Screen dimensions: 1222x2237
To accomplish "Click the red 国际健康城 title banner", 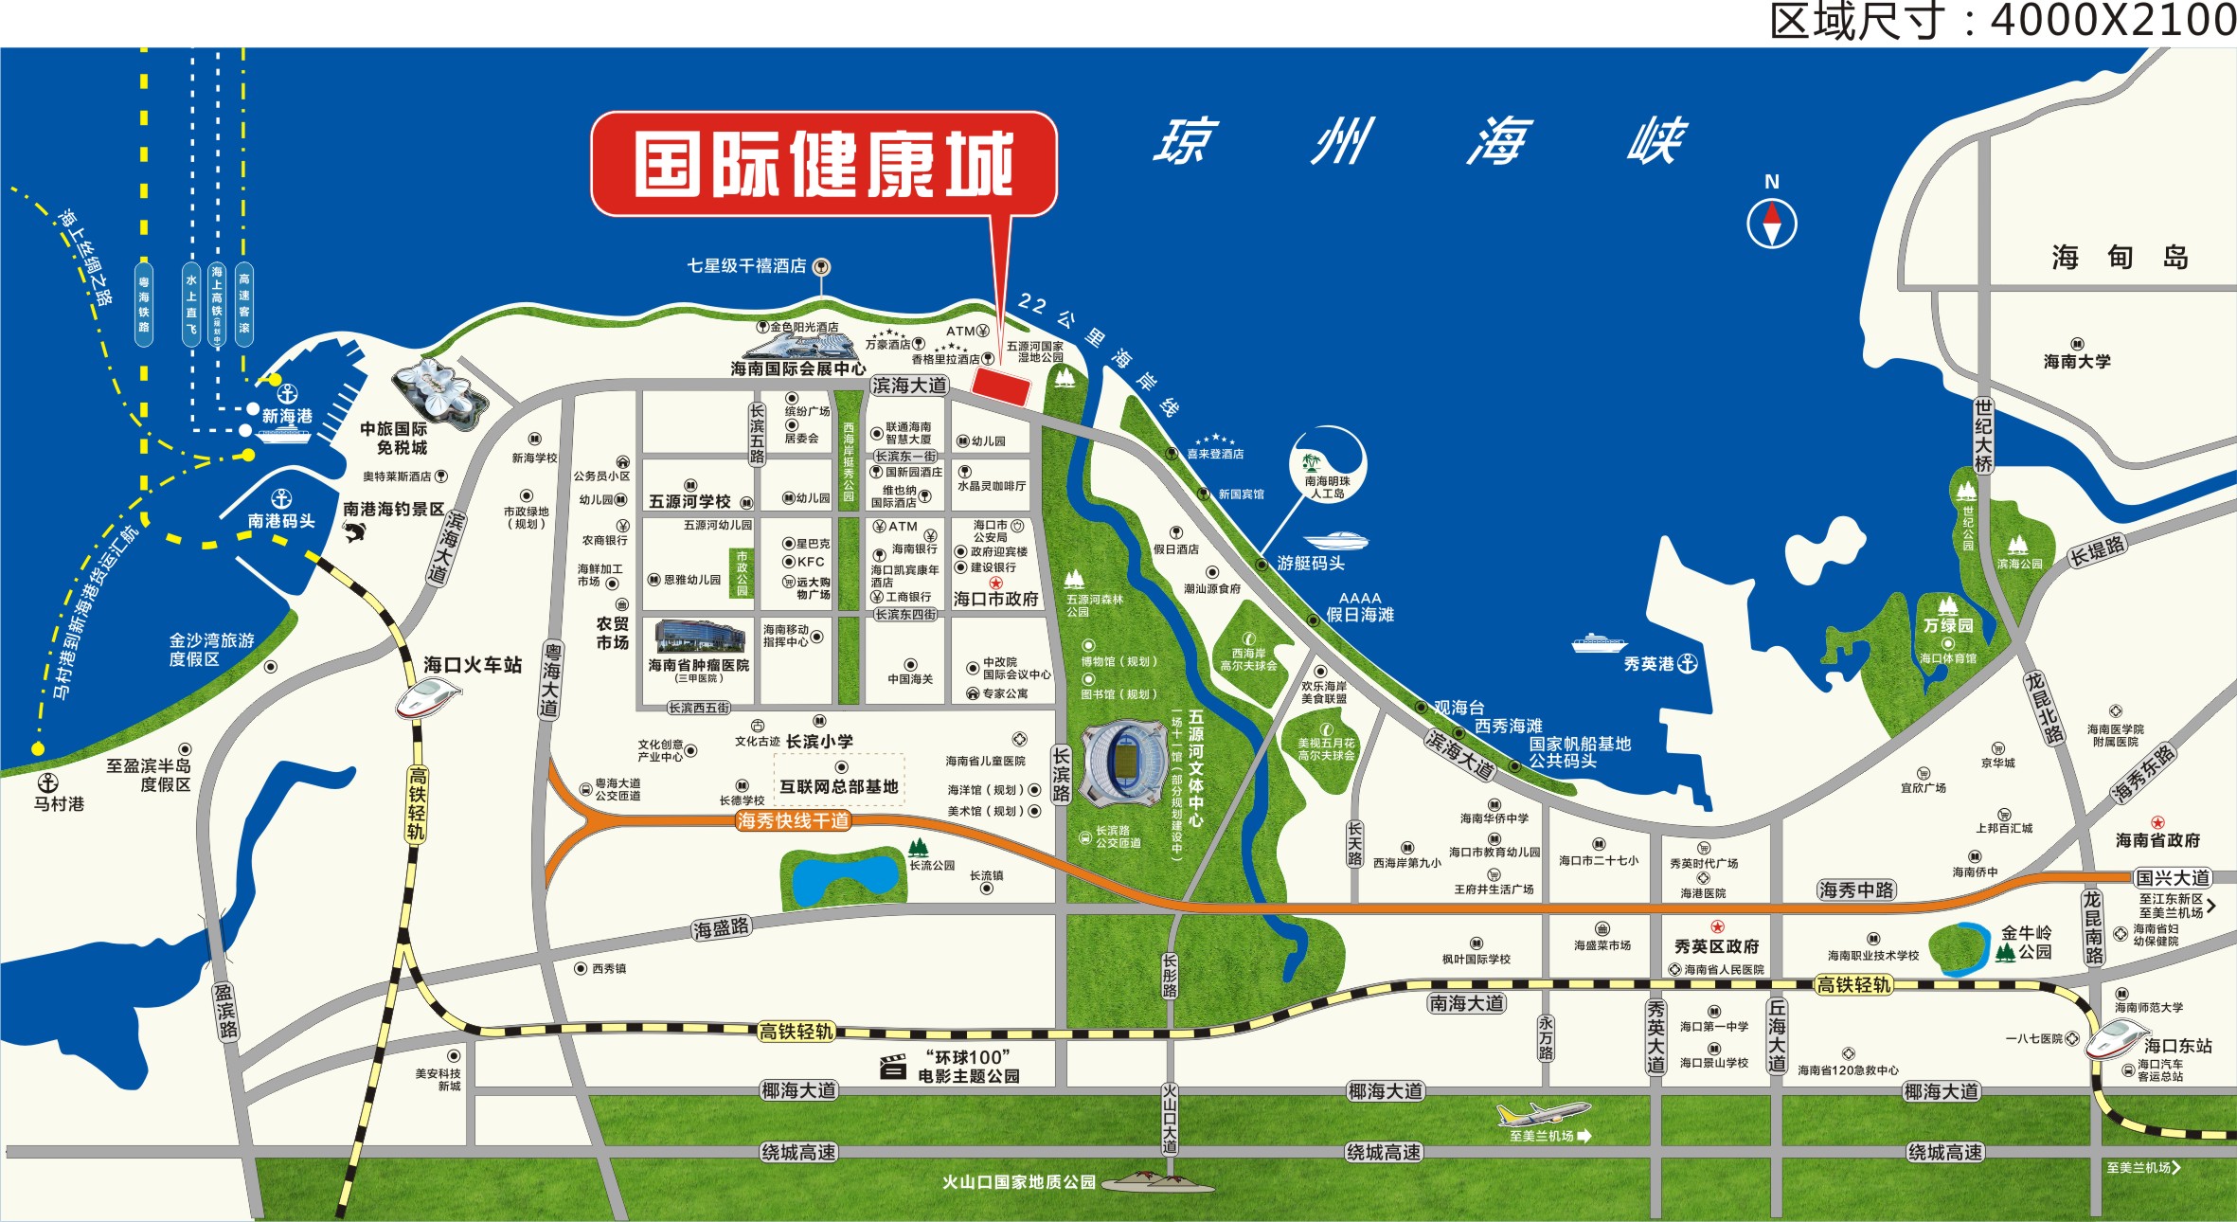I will click(823, 164).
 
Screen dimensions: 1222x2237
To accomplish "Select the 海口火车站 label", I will click(473, 665).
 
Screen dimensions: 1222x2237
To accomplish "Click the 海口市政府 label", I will click(995, 599).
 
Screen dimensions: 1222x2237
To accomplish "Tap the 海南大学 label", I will click(2077, 361).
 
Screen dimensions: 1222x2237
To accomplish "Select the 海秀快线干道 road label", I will click(793, 820).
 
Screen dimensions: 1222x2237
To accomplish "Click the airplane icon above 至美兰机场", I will click(1542, 1112).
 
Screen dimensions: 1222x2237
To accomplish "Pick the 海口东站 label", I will click(2177, 1046).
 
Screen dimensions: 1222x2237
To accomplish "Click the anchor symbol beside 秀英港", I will click(1687, 664).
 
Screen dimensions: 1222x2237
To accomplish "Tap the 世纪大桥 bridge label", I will click(1982, 436).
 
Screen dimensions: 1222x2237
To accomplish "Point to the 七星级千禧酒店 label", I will click(746, 266).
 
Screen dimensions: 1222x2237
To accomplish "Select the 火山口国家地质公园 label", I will click(1018, 1182).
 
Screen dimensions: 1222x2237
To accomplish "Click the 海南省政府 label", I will click(2157, 840).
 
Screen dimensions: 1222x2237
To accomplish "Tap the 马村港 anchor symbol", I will click(48, 782).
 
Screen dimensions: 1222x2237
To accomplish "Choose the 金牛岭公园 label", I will click(2026, 943).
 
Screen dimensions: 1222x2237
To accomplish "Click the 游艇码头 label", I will click(1311, 564).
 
